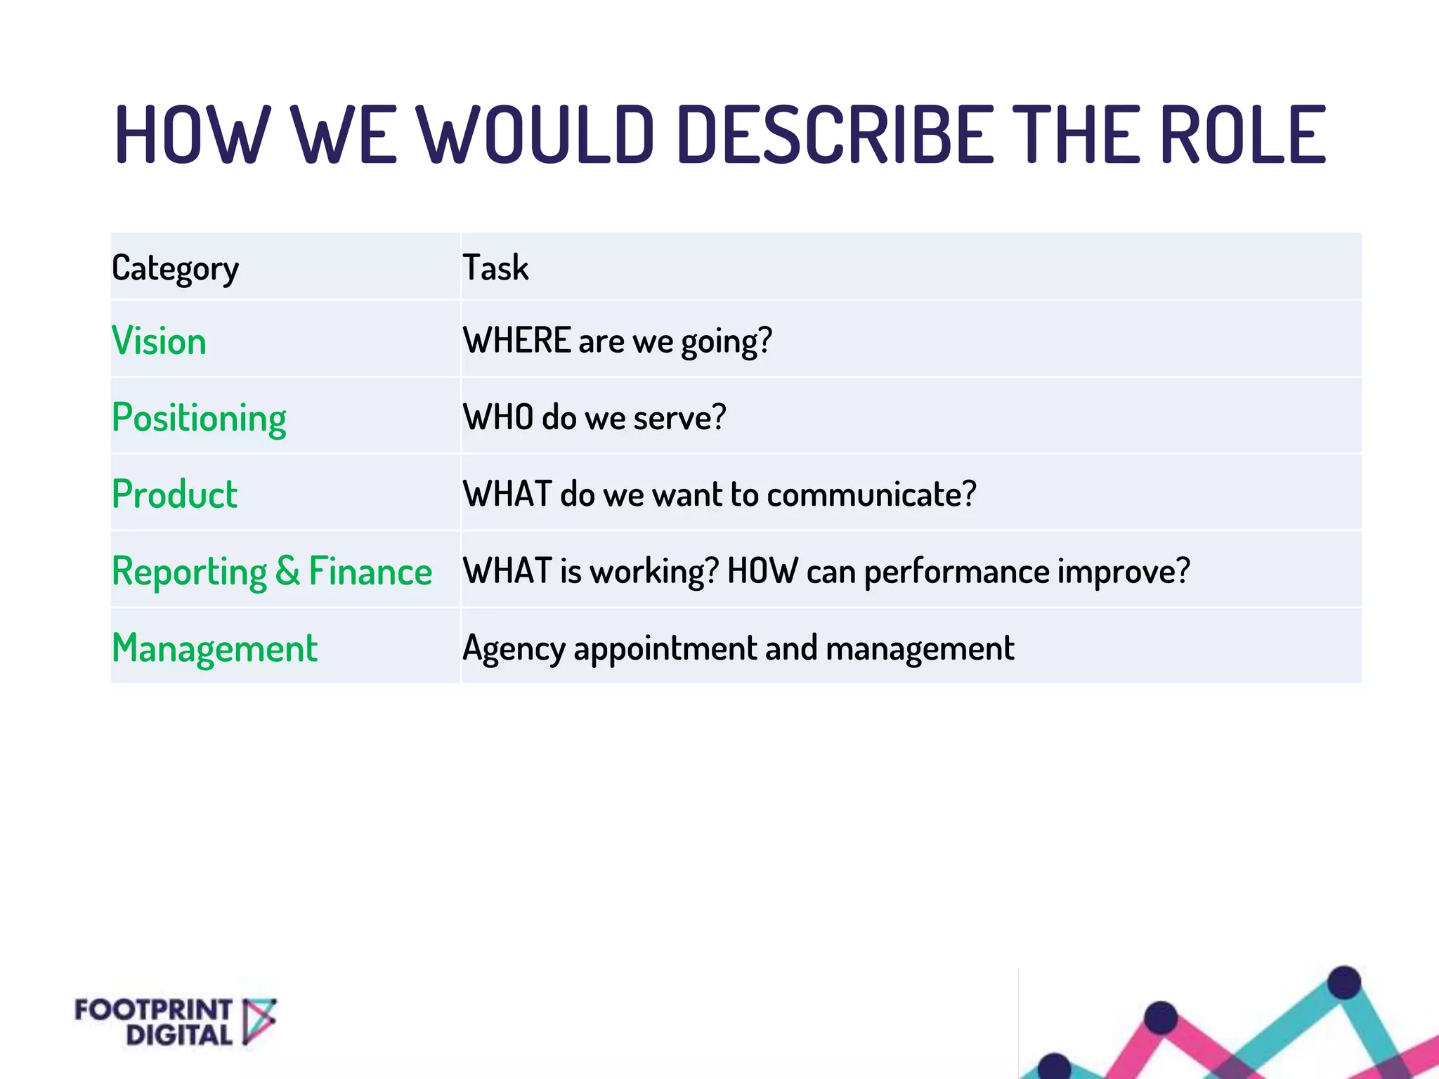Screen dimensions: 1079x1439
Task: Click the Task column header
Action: coord(495,268)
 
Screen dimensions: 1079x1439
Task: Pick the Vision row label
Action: coord(159,341)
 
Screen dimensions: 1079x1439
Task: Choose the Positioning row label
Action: coord(199,419)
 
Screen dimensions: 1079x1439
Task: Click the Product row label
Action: coord(174,495)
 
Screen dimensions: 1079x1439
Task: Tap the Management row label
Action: coord(214,648)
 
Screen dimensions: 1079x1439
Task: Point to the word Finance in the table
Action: coord(370,571)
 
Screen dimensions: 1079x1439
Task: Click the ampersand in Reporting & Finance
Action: coord(287,571)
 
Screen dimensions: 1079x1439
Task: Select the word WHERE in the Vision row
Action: coord(516,341)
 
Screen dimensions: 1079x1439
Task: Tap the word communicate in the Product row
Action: coord(871,495)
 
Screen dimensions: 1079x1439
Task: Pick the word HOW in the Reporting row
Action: coord(762,571)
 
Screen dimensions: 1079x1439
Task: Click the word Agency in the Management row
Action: coord(514,648)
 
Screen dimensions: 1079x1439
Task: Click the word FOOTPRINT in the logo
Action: coord(153,1010)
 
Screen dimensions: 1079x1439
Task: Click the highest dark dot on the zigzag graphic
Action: coord(1344,982)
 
